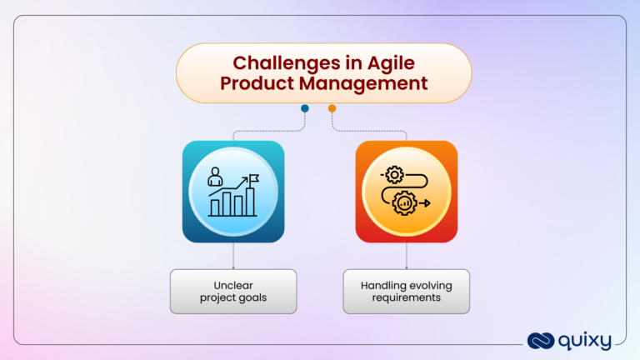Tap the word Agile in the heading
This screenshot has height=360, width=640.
pos(385,62)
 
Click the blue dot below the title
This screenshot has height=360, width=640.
pos(305,108)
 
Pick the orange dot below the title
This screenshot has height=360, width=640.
pos(332,108)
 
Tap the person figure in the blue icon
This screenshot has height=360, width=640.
pos(216,177)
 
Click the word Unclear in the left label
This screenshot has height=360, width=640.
pos(233,285)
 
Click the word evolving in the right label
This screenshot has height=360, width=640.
pos(430,285)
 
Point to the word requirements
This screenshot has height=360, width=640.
pos(407,297)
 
